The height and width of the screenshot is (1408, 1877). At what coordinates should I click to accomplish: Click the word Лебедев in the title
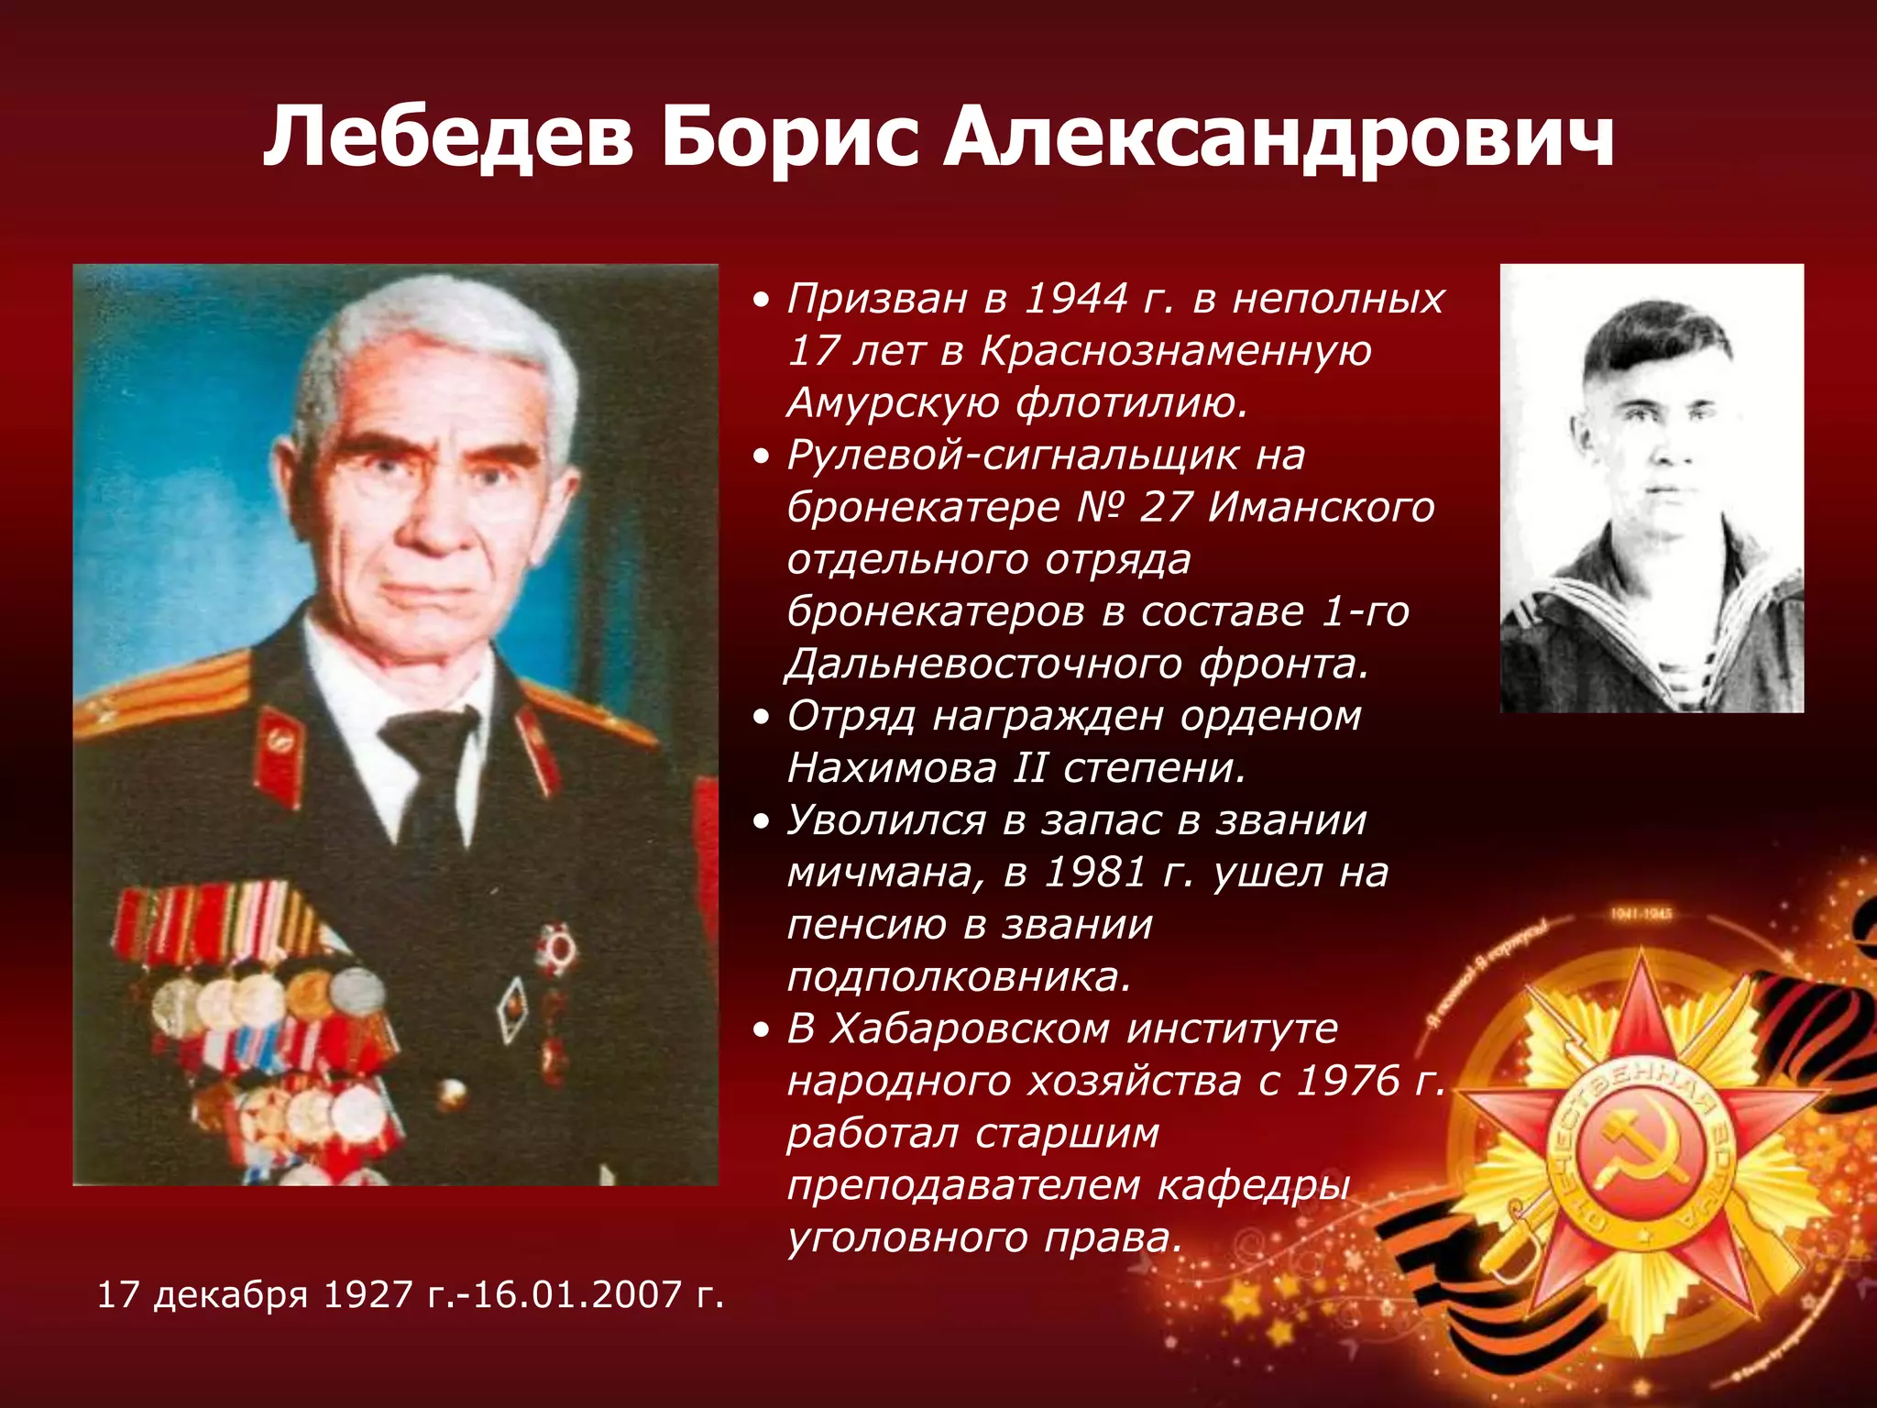pyautogui.click(x=448, y=137)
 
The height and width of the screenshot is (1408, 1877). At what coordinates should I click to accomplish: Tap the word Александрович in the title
pyautogui.click(x=1279, y=137)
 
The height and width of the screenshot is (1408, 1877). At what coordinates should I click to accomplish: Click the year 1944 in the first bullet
pyautogui.click(x=1075, y=299)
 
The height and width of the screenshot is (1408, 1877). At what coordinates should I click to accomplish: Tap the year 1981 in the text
pyautogui.click(x=1095, y=872)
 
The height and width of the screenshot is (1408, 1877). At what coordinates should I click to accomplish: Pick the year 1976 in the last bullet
pyautogui.click(x=1348, y=1082)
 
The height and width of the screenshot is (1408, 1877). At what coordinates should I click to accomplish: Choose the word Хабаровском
pyautogui.click(x=971, y=1029)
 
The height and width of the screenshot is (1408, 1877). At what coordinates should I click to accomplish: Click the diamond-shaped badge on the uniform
pyautogui.click(x=511, y=1008)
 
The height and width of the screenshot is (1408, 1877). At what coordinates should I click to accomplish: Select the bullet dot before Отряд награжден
pyautogui.click(x=760, y=718)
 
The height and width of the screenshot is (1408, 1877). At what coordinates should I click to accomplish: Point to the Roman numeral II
pyautogui.click(x=1029, y=768)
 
